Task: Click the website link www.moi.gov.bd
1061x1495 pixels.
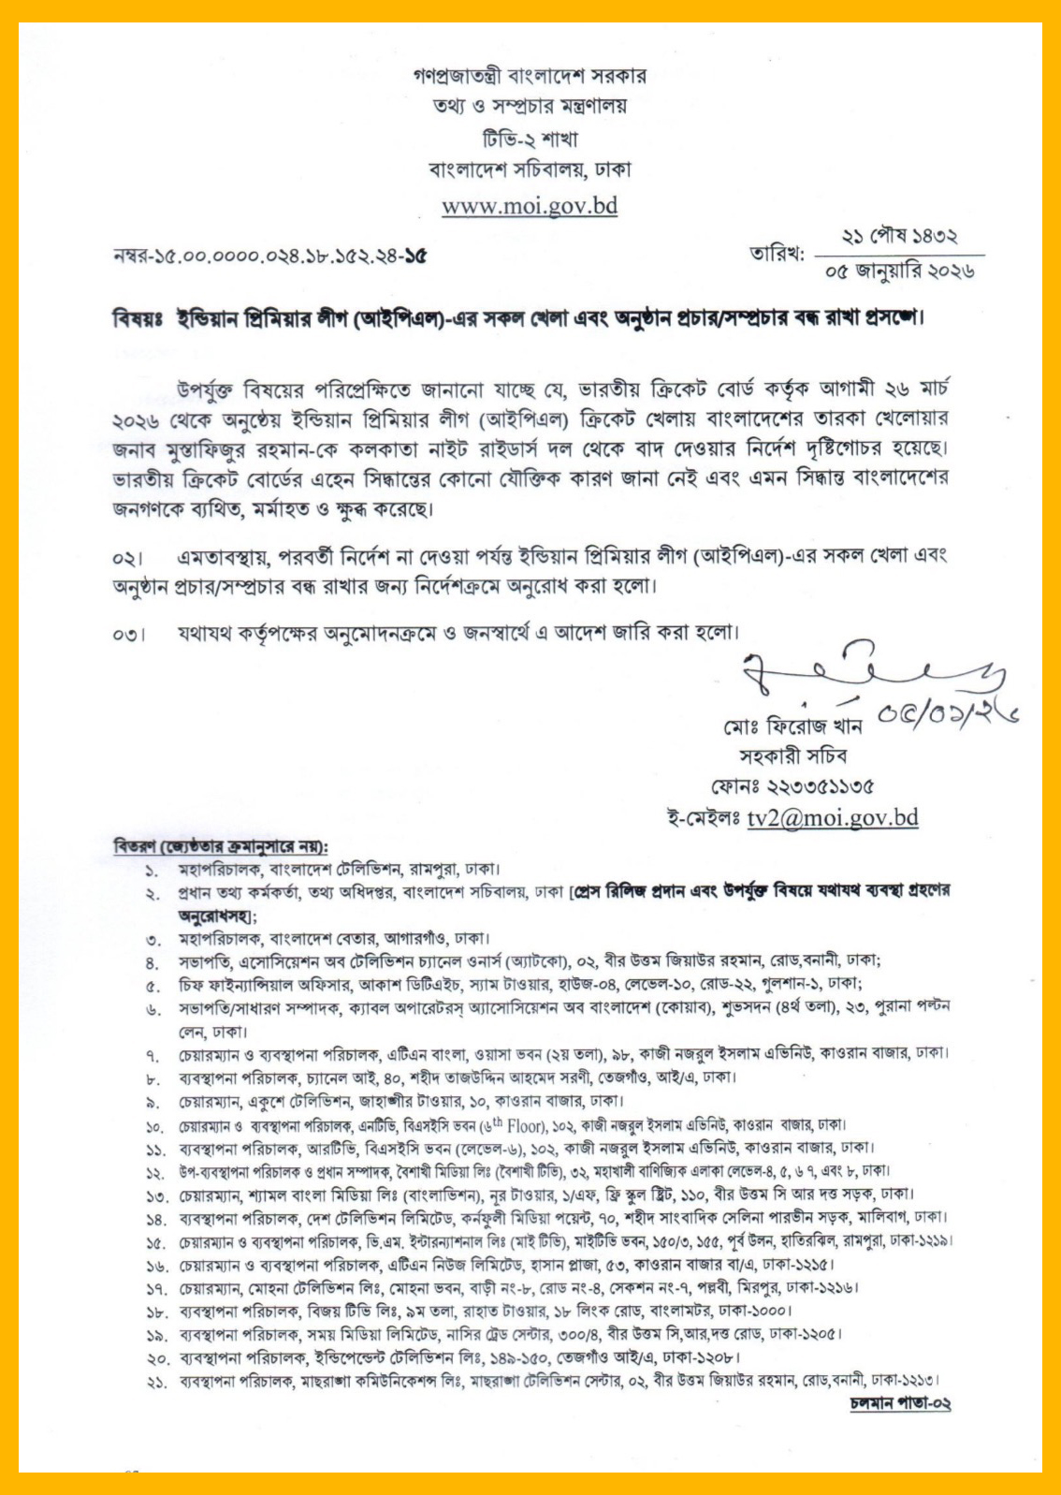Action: pos(530,205)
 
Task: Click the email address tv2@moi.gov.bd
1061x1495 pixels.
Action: pos(833,817)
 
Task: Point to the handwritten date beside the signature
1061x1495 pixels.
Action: pos(945,716)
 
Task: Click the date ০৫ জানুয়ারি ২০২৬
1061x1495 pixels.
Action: pos(899,271)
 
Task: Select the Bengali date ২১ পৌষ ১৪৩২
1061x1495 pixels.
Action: pos(899,237)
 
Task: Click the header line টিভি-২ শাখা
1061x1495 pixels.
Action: pos(530,139)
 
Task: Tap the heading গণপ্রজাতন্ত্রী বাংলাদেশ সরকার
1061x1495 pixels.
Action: pos(530,76)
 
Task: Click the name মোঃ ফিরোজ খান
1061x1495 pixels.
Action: pos(792,726)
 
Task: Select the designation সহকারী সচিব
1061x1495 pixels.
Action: pos(792,755)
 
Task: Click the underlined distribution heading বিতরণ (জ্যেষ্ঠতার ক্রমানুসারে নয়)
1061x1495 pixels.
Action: pos(221,846)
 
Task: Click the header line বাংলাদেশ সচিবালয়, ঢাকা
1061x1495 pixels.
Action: pos(530,170)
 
